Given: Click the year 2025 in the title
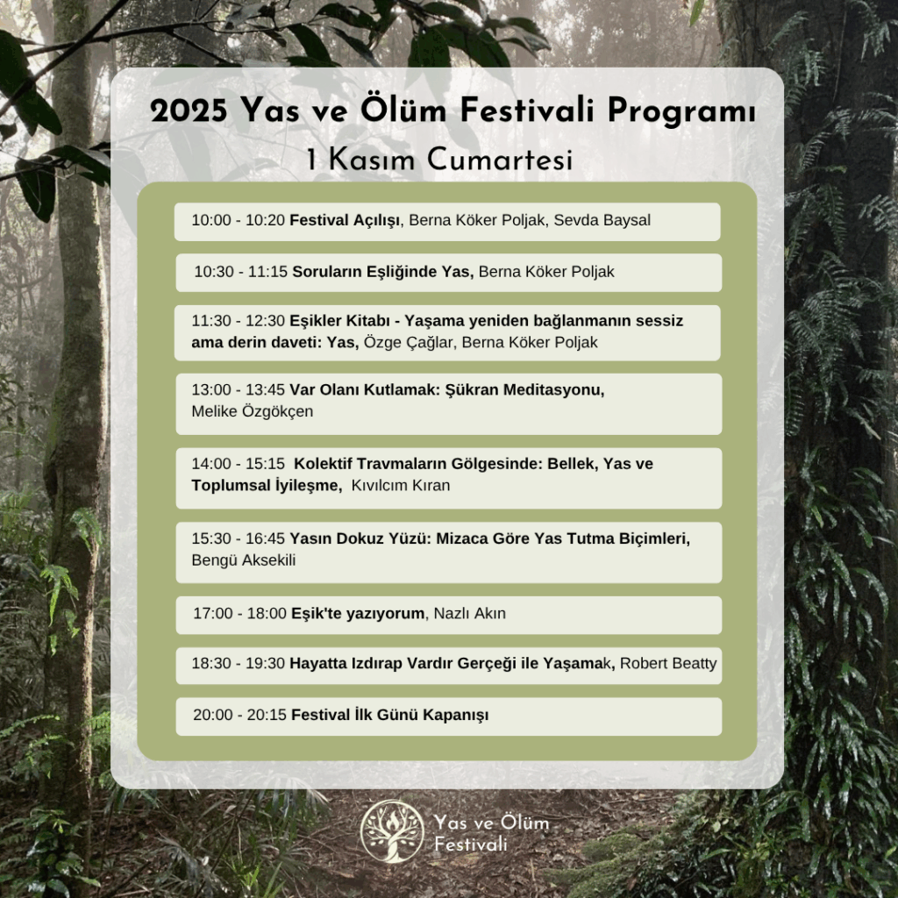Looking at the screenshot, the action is (x=189, y=110).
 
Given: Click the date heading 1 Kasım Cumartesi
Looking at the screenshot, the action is (x=440, y=159).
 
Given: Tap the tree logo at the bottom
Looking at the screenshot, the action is (x=393, y=831).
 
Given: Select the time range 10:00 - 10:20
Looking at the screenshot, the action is (x=238, y=220).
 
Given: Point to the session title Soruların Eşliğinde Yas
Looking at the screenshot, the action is (x=381, y=272).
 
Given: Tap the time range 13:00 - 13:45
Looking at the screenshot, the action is (x=238, y=390).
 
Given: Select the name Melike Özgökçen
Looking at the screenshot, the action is (x=252, y=412).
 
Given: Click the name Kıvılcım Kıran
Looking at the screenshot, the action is (x=400, y=486).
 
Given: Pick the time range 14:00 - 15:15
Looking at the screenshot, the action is (x=238, y=464).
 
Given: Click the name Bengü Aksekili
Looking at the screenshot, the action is (x=244, y=560).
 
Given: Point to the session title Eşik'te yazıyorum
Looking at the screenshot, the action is (x=358, y=613).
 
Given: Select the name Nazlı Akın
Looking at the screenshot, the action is (x=470, y=613).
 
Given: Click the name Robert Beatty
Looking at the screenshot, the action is (x=668, y=663).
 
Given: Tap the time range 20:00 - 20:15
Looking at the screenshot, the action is (x=239, y=716).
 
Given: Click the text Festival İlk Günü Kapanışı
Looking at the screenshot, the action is (x=390, y=716).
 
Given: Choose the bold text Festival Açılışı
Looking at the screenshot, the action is (x=345, y=220).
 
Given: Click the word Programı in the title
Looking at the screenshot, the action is (x=681, y=110).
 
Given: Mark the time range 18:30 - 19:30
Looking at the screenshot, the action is (x=238, y=664).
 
